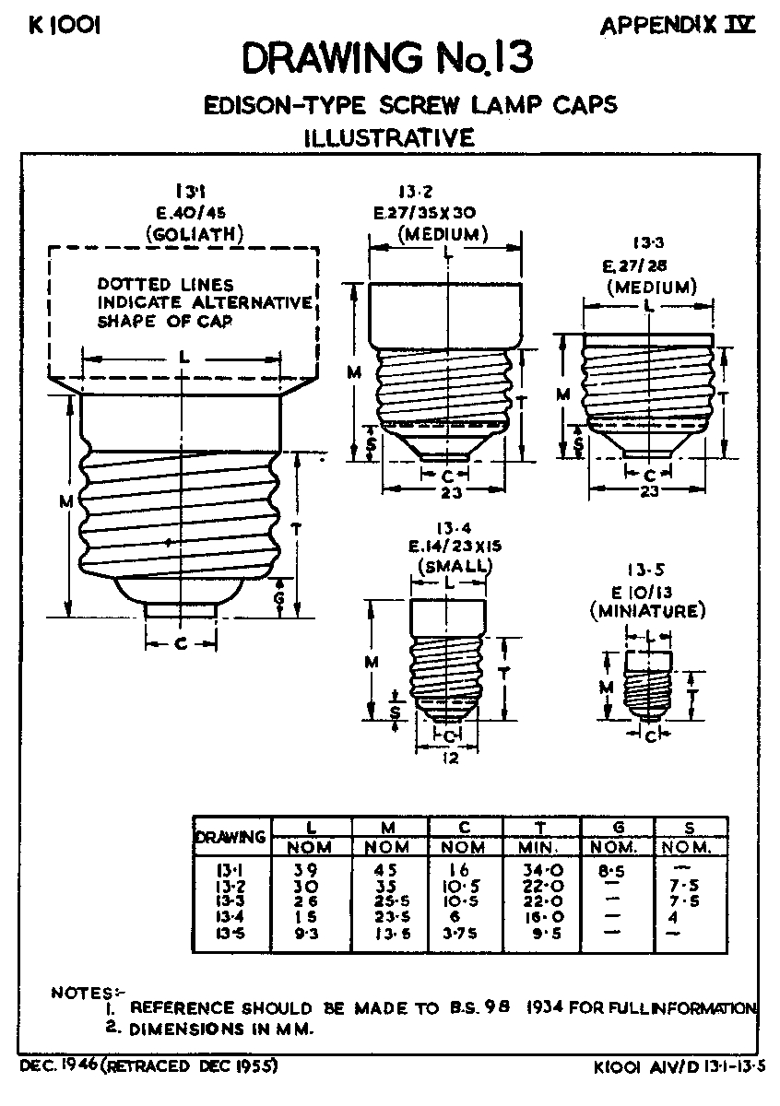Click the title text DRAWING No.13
point(387,60)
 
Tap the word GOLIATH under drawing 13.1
point(195,234)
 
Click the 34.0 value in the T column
point(541,869)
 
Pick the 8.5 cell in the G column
point(616,869)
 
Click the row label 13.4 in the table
point(230,916)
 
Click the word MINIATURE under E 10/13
point(647,610)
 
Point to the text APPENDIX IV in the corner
point(678,26)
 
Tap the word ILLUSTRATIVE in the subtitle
point(389,138)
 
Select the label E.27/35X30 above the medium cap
point(430,213)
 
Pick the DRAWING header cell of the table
point(230,837)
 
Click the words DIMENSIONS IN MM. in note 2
point(221,1028)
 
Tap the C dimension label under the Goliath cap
point(181,644)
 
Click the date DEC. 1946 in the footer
point(57,1065)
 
